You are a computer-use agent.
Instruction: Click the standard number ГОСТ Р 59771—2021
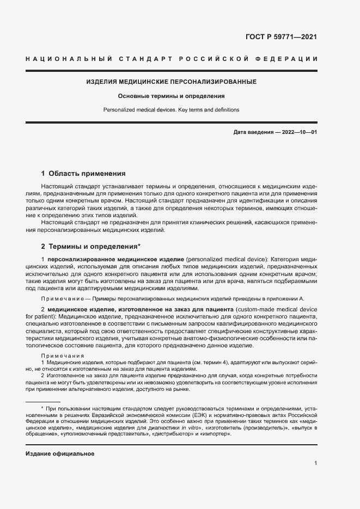tap(282, 38)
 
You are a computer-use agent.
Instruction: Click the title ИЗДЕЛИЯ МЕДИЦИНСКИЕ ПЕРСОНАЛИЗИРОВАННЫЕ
tap(172, 82)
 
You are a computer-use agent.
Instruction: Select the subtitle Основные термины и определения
tap(172, 96)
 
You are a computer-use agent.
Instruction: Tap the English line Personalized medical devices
tap(137, 109)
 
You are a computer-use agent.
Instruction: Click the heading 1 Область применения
tap(83, 174)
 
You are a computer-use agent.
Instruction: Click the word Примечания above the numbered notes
tap(63, 355)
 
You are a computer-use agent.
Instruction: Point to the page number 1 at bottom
tap(315, 463)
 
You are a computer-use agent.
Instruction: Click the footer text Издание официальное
tap(60, 453)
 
